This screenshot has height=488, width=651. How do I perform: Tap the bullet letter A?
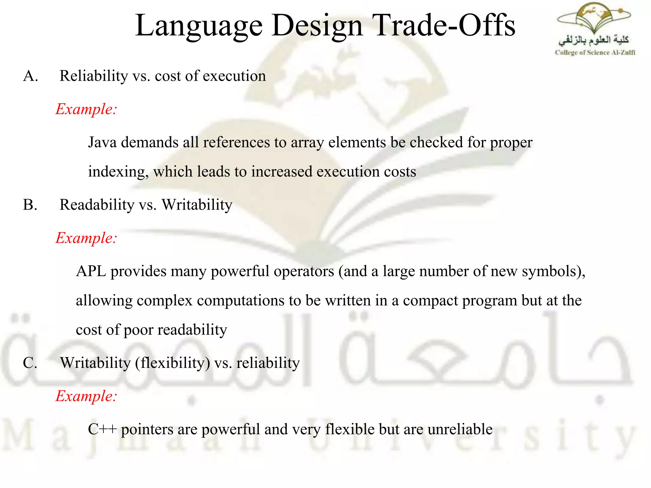(30, 76)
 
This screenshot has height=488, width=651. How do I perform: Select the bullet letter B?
(30, 205)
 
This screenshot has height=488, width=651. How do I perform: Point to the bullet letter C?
(30, 363)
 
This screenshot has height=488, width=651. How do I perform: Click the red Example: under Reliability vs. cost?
(86, 109)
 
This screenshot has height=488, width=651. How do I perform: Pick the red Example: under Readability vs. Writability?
(86, 238)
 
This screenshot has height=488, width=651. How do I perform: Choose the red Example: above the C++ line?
(86, 396)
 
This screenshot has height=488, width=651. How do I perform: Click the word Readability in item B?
(97, 205)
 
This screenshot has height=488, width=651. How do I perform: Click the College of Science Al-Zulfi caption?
(595, 53)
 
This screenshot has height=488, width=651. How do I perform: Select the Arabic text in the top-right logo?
(593, 40)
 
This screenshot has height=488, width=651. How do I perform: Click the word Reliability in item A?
(94, 76)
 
